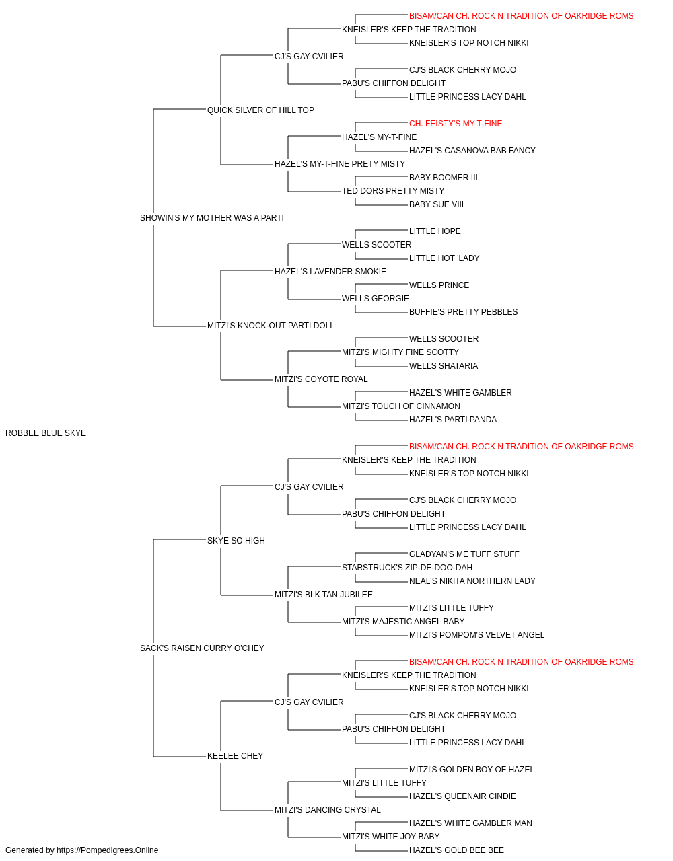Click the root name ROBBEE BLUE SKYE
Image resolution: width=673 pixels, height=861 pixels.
[x=46, y=433]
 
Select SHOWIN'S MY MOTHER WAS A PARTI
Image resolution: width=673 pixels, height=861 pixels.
[x=211, y=218]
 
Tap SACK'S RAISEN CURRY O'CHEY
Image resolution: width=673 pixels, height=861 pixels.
[x=202, y=648]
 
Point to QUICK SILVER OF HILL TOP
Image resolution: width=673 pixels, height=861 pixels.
[x=260, y=110]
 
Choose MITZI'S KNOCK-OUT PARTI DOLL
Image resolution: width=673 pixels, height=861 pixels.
[x=271, y=326]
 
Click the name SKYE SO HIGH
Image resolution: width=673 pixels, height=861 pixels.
[x=236, y=541]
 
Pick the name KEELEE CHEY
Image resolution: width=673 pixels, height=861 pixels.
[x=235, y=756]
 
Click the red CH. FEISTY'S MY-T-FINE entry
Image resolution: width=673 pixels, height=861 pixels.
[x=456, y=124]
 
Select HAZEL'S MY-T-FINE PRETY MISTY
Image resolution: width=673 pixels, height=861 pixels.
[x=340, y=164]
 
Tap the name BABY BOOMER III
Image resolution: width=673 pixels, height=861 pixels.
[x=443, y=178]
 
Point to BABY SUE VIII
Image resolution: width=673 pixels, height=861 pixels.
[x=436, y=204]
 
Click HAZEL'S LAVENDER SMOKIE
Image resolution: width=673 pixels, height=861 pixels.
[x=330, y=272]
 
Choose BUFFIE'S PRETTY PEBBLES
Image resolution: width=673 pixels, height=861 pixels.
[x=463, y=312]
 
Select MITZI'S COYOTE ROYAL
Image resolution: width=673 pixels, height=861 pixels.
[x=321, y=379]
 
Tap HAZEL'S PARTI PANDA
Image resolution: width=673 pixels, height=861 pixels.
[x=453, y=420]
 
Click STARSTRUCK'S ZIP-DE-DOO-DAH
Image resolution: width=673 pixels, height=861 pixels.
[x=407, y=568]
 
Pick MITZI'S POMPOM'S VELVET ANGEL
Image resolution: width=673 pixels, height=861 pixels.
[x=476, y=635]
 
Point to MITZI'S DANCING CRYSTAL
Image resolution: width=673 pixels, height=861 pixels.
[x=327, y=810]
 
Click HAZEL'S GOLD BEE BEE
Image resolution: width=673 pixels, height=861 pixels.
[x=456, y=850]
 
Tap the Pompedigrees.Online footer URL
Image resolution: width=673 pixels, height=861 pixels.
[x=108, y=850]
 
